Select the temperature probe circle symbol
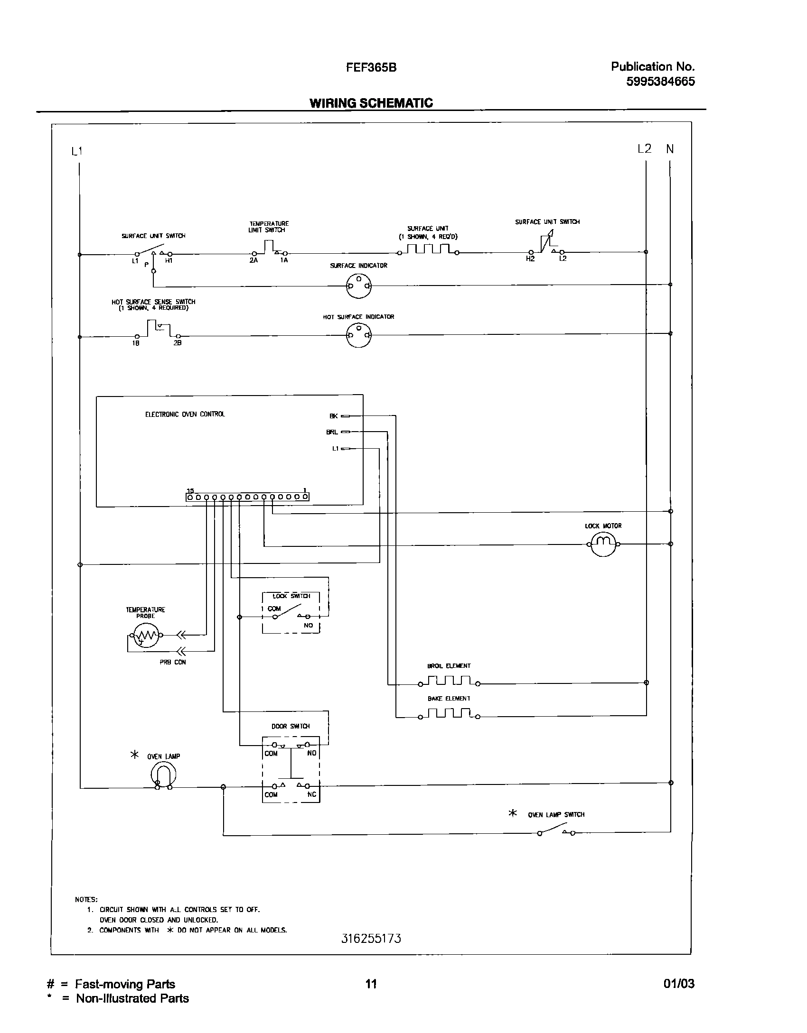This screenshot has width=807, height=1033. (x=146, y=636)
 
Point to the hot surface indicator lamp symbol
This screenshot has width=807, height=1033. (x=359, y=335)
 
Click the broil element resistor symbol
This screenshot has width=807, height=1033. (x=449, y=682)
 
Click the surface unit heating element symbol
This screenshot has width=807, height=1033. (x=428, y=250)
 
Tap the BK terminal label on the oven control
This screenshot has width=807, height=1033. (x=334, y=416)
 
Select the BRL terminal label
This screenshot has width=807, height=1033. (x=332, y=432)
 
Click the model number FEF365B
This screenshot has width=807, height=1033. (x=371, y=67)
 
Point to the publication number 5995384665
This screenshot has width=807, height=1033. (x=660, y=82)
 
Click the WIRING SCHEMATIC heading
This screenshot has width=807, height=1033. (x=371, y=103)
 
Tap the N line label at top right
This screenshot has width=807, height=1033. (x=670, y=149)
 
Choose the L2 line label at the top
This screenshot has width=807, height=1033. (x=644, y=149)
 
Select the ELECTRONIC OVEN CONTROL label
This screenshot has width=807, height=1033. (x=185, y=414)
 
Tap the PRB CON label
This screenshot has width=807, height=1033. (x=173, y=662)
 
